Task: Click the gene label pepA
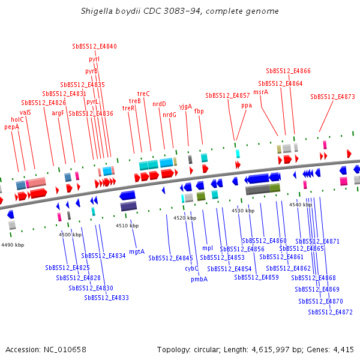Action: pos(12,127)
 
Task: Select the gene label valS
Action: pos(25,112)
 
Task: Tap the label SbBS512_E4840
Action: pos(94,46)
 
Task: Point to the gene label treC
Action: pos(143,94)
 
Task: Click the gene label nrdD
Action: pos(159,104)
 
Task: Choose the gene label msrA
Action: pos(260,92)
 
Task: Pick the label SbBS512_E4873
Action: pos(332,97)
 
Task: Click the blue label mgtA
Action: pos(137,251)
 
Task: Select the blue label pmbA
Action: pos(199,279)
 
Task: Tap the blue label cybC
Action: pos(191,269)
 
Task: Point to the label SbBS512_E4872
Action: pos(330,312)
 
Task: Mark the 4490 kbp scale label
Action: pos(13,245)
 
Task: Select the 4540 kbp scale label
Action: pos(301,205)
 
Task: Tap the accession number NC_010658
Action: pos(65,349)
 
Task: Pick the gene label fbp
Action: pos(199,111)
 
